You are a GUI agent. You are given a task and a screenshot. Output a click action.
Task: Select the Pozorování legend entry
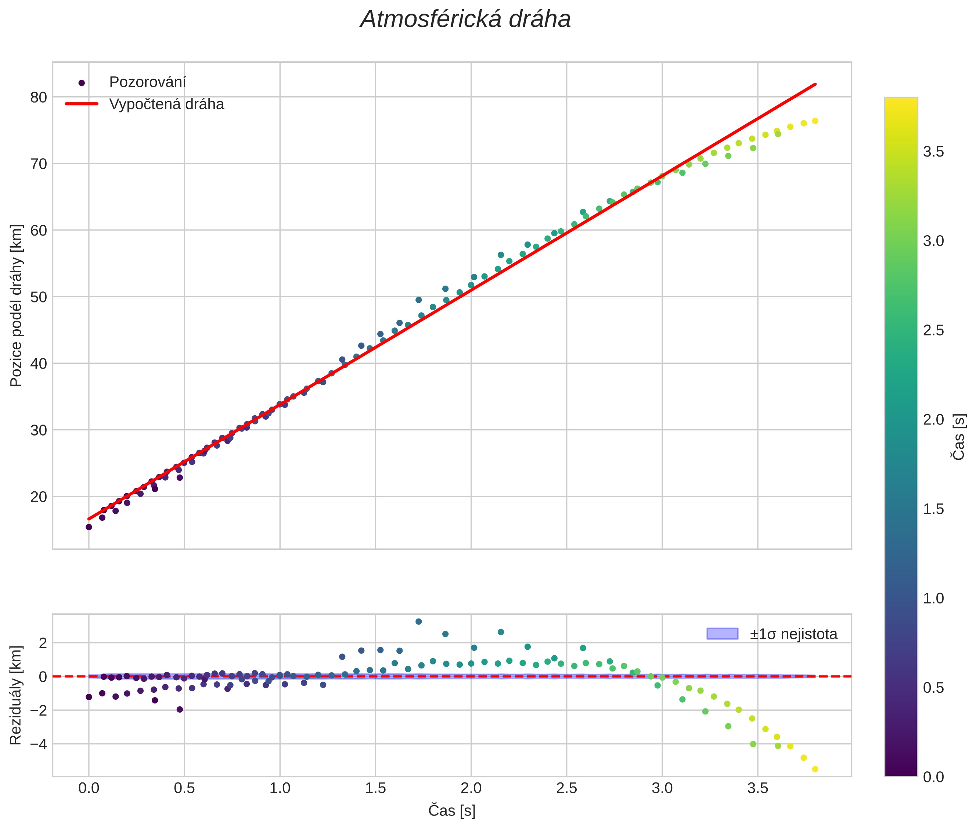(x=147, y=82)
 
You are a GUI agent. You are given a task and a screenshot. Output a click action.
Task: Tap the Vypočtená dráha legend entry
(x=166, y=104)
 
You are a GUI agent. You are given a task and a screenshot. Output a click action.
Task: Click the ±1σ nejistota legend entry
(x=793, y=634)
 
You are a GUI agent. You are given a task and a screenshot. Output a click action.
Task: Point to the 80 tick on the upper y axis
(x=39, y=97)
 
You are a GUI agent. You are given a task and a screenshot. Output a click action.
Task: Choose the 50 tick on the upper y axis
(x=39, y=297)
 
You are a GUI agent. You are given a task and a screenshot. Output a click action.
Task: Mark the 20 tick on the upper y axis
(x=39, y=497)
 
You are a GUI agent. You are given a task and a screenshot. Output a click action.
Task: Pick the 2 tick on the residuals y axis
(x=43, y=643)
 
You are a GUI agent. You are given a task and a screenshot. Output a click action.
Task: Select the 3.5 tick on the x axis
(x=757, y=788)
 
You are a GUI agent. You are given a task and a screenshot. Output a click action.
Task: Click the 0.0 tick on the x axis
(x=89, y=788)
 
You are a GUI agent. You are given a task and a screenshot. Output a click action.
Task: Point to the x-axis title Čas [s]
(x=451, y=811)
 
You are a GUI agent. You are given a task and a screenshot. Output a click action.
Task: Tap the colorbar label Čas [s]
(x=959, y=437)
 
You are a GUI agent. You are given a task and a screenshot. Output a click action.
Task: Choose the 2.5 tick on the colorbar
(x=933, y=330)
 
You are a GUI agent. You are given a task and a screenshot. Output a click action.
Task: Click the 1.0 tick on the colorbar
(x=933, y=598)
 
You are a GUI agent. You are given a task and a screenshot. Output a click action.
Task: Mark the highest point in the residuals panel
(x=418, y=621)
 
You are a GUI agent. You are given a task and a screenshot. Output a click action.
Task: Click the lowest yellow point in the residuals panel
(x=815, y=769)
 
